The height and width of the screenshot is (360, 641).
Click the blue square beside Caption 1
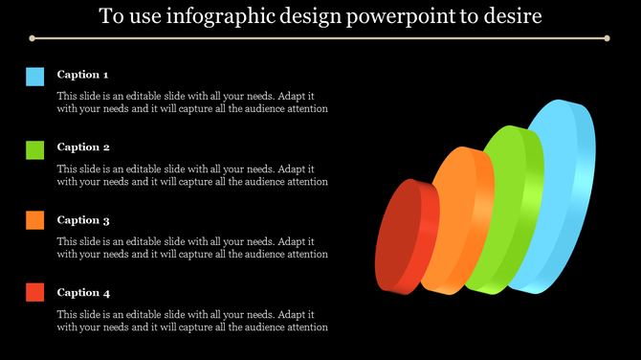35,77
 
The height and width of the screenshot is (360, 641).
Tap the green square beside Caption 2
35,149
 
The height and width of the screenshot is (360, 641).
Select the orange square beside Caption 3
35,220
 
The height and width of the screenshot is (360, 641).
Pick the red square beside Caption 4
35,293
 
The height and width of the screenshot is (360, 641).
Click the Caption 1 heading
83,75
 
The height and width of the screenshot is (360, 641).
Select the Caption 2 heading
83,147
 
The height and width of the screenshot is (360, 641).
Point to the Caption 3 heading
83,220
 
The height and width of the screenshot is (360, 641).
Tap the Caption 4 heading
83,293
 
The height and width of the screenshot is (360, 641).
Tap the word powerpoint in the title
408,17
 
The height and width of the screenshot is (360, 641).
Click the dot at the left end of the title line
32,39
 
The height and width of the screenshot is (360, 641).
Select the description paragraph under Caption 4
192,321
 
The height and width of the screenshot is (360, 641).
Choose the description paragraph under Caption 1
192,102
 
